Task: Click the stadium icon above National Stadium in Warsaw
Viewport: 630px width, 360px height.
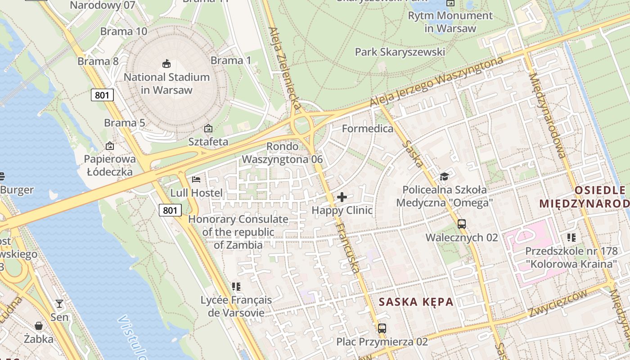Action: tap(166, 63)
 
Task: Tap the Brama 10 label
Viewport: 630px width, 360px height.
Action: tap(123, 31)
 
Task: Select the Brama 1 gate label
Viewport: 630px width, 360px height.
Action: tap(231, 60)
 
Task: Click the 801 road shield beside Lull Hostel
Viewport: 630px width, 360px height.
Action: tap(170, 210)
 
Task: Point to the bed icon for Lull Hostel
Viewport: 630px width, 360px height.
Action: tap(196, 179)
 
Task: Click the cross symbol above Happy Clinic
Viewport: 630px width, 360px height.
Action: tap(342, 197)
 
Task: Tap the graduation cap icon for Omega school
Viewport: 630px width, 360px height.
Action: tap(444, 176)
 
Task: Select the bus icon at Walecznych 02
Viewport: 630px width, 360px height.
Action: tap(461, 224)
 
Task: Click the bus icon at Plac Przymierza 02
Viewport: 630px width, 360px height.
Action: tap(382, 328)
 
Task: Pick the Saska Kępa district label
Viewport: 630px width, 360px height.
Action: tap(416, 301)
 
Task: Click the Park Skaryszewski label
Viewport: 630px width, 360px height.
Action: tap(400, 52)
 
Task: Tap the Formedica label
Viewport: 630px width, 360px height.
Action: tap(367, 129)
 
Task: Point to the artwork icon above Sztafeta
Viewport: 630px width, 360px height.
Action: tap(208, 128)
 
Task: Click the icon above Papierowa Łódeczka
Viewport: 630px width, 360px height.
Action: tap(109, 145)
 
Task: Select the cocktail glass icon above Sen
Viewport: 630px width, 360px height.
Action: tap(59, 304)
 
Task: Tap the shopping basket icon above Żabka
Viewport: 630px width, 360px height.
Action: tap(39, 325)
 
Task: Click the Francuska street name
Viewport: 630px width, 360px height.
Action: tap(348, 247)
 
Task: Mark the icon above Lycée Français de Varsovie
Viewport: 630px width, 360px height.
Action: tap(236, 286)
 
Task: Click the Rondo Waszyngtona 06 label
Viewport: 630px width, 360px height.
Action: tap(283, 153)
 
